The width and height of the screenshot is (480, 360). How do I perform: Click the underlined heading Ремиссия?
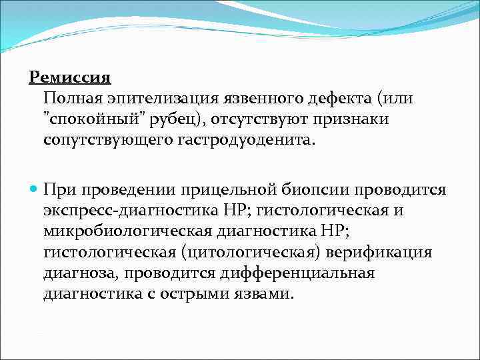[x=69, y=77]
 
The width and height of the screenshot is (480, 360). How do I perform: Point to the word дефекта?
[x=340, y=99]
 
